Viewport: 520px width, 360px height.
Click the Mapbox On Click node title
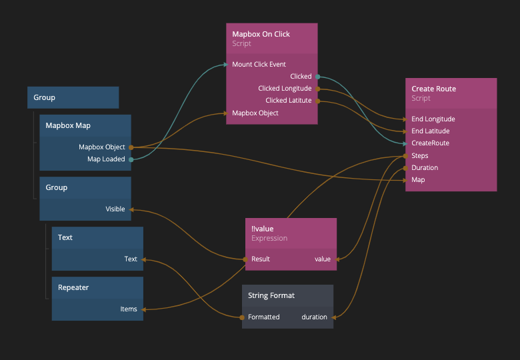pos(261,34)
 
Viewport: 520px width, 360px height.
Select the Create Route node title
pos(433,89)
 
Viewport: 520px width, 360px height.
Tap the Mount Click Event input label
pos(259,65)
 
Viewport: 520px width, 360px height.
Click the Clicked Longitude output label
pos(285,89)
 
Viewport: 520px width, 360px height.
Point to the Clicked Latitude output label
pos(288,101)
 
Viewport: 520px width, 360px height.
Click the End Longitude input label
pos(433,119)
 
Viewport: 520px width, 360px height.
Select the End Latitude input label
pos(430,131)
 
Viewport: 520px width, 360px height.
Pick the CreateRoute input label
pos(430,143)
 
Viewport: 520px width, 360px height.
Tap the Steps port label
pos(420,156)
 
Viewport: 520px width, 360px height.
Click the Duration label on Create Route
pos(425,168)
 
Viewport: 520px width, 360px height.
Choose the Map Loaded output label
pos(106,159)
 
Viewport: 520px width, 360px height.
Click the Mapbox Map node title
pos(68,125)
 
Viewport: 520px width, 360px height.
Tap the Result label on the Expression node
pos(261,259)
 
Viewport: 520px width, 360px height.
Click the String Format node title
pos(271,295)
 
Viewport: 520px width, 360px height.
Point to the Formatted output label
pos(263,317)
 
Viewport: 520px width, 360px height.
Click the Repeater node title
pos(73,287)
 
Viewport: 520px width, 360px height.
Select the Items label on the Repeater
pos(129,309)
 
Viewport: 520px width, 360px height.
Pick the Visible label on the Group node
pos(115,209)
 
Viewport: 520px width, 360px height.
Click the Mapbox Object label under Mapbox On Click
pos(255,113)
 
